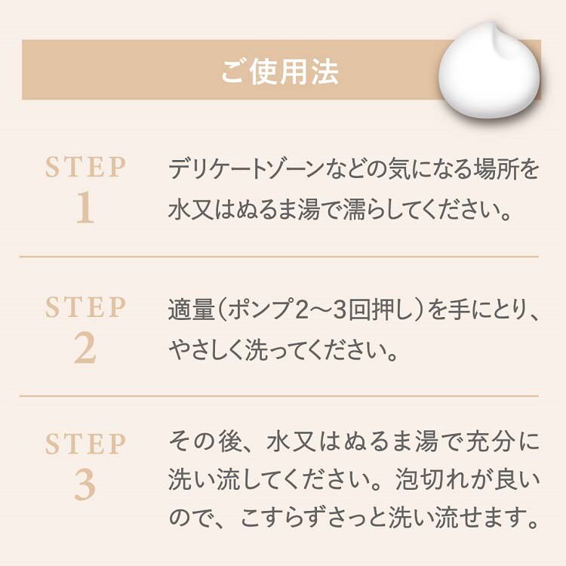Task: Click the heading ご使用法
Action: (280, 72)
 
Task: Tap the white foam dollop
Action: (489, 70)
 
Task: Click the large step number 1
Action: (85, 208)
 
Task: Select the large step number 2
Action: (85, 348)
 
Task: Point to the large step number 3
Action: (85, 484)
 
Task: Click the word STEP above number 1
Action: (85, 167)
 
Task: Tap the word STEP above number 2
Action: (85, 307)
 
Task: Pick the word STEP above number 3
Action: (85, 444)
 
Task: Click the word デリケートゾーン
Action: (245, 169)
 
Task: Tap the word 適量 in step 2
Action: (192, 309)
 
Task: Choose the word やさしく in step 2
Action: (205, 349)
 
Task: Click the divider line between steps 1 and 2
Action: (279, 257)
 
